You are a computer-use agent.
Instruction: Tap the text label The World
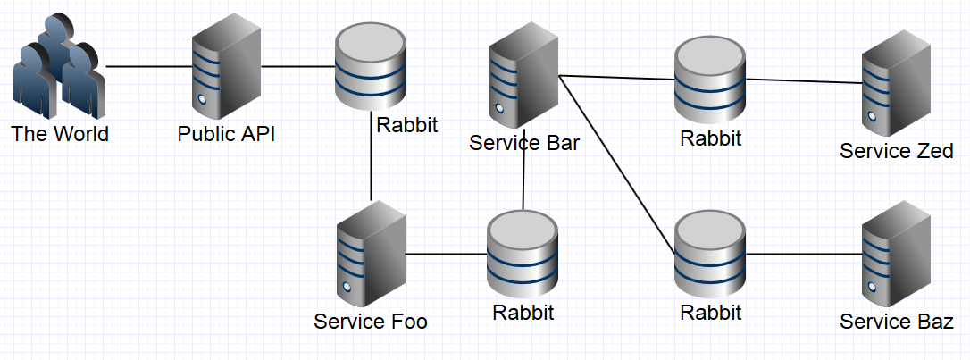60,135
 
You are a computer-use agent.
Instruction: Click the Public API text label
226,135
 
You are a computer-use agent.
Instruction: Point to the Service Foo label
371,322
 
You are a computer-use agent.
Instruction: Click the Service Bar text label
524,143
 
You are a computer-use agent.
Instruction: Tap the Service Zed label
896,151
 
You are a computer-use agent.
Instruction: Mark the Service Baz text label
896,322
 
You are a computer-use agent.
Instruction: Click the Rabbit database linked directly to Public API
370,67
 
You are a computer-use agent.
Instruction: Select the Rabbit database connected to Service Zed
710,80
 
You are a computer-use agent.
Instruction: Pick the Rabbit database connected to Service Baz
710,255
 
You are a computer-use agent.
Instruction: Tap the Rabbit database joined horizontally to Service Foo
523,255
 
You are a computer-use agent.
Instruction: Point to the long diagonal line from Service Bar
616,162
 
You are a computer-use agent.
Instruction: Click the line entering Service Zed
804,81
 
